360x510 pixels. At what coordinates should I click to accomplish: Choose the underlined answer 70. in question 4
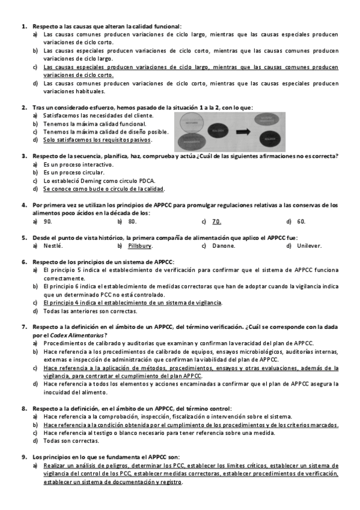[216, 221]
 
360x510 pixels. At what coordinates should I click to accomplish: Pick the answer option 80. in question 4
[132, 221]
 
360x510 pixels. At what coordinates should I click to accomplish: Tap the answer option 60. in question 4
[301, 221]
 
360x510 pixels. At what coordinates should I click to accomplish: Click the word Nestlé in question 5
[53, 246]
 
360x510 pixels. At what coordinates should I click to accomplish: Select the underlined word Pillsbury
[140, 246]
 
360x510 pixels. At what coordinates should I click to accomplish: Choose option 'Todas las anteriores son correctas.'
[90, 311]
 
